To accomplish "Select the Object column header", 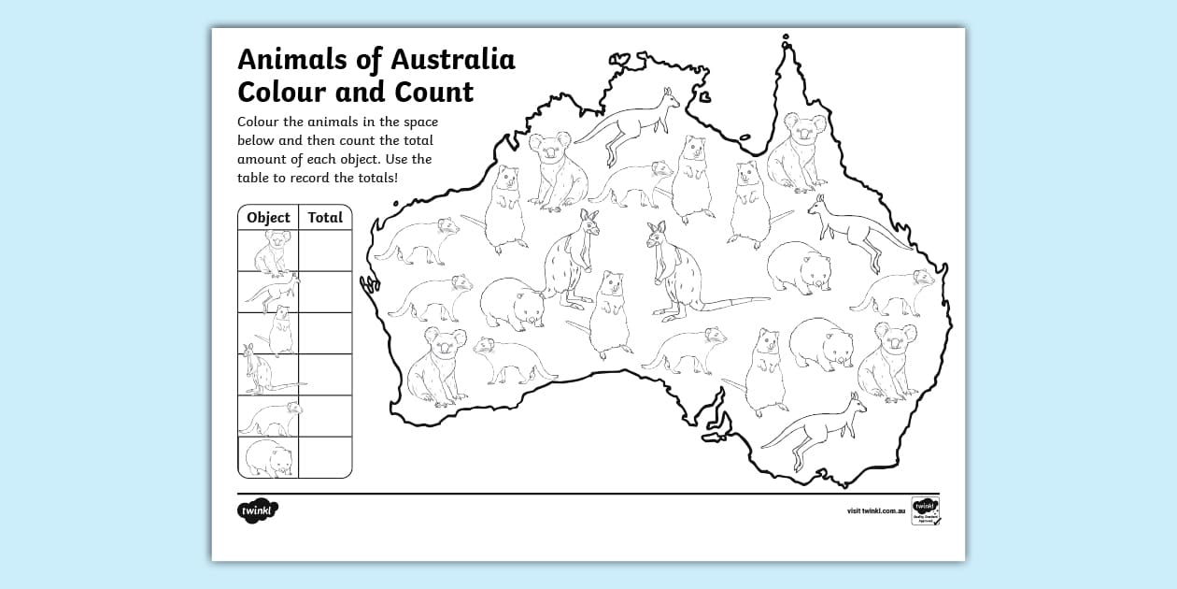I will pos(268,218).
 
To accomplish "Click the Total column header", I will pos(325,218).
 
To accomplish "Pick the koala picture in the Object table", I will pos(270,251).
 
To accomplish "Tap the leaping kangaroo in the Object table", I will pos(270,293).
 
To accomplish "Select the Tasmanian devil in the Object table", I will pos(270,416).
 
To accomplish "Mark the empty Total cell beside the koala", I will pos(325,251).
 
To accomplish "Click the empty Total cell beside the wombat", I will pos(325,457).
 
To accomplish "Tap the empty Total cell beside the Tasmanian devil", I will pos(325,416).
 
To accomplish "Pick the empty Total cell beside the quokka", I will pos(325,333).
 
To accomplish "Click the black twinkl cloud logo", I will pos(258,511).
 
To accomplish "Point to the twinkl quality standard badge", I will pos(925,511).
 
